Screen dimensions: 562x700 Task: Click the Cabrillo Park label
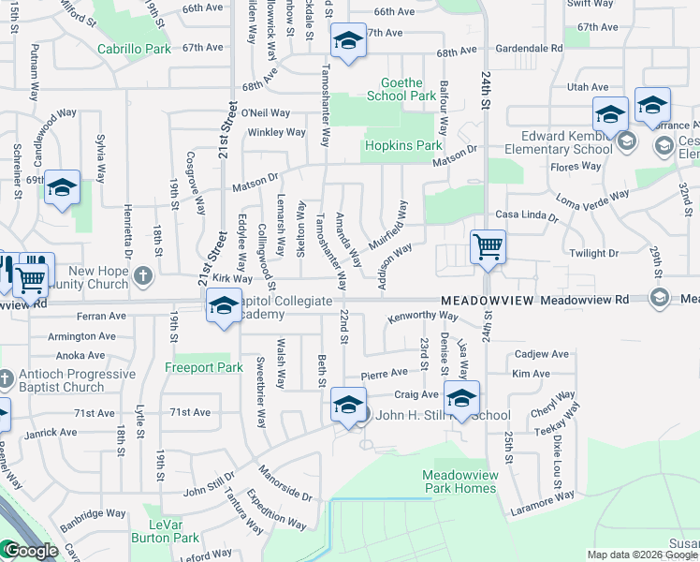pyautogui.click(x=131, y=48)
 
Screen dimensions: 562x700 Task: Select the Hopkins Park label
pyautogui.click(x=401, y=146)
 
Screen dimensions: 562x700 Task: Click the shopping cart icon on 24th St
pyautogui.click(x=488, y=248)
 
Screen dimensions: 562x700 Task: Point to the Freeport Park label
pyautogui.click(x=197, y=368)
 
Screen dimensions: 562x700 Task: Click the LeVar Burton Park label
pyautogui.click(x=173, y=531)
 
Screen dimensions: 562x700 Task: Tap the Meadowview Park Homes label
pyautogui.click(x=459, y=481)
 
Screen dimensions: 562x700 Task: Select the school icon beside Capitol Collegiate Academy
pyautogui.click(x=224, y=306)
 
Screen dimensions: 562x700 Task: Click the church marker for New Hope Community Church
pyautogui.click(x=142, y=275)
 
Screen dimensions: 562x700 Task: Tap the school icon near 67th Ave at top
pyautogui.click(x=348, y=41)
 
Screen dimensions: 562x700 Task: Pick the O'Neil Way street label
pyautogui.click(x=265, y=112)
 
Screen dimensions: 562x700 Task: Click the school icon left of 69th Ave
pyautogui.click(x=62, y=188)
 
